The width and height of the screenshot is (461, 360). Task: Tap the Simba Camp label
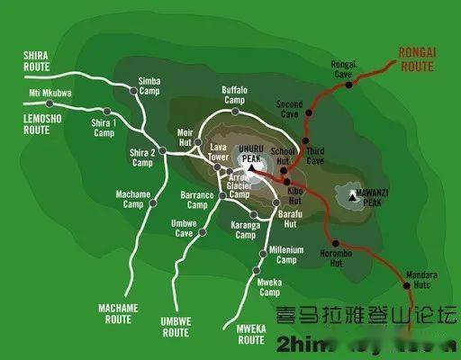149,85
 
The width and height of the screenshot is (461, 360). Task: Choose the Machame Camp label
132,198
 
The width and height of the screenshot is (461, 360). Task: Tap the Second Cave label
290,109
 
